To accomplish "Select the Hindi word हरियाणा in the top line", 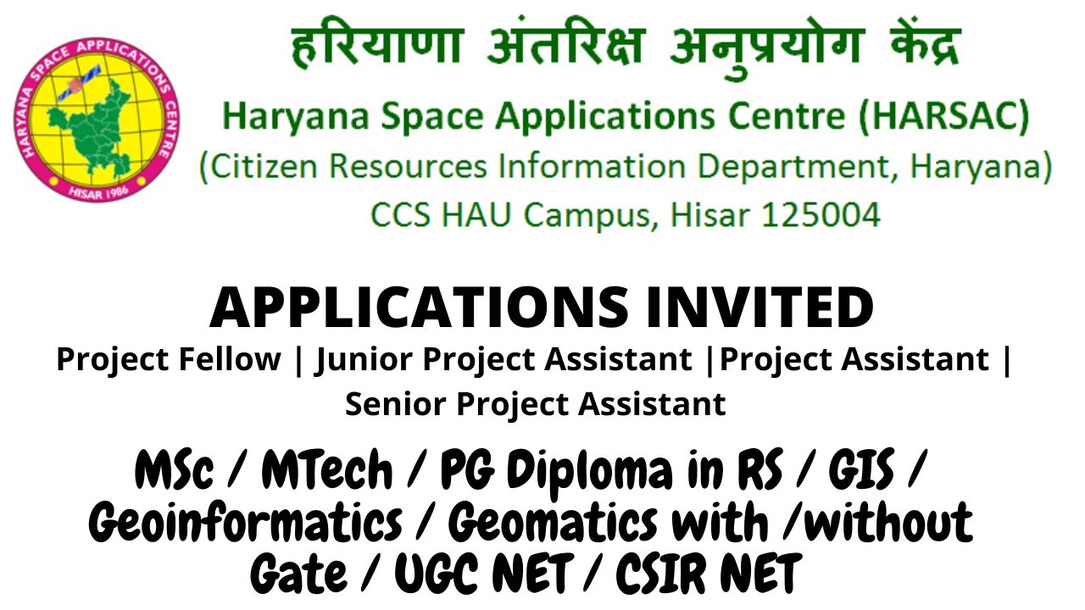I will (377, 47).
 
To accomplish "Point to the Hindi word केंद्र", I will (908, 47).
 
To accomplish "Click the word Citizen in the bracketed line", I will (265, 167).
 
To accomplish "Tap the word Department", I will (787, 167).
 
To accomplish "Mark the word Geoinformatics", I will (246, 524).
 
